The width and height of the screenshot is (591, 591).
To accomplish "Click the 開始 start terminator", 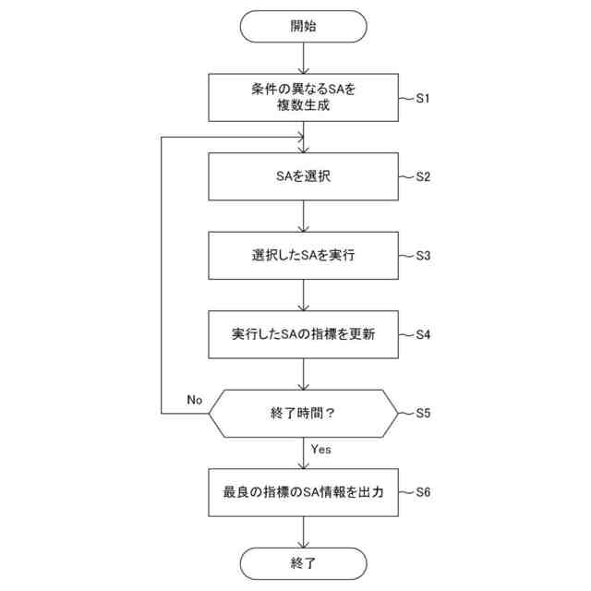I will [x=303, y=27].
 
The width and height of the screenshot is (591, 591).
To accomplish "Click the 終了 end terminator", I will [x=303, y=562].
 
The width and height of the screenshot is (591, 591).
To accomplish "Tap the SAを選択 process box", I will [x=303, y=176].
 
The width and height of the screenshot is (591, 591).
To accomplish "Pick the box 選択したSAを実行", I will [x=303, y=255].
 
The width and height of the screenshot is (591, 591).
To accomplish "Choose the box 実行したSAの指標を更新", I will [x=303, y=333].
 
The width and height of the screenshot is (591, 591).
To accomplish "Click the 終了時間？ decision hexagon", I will [x=303, y=413].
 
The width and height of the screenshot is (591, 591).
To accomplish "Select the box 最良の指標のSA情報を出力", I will [x=303, y=492].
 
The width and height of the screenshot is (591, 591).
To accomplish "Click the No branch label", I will [x=194, y=400].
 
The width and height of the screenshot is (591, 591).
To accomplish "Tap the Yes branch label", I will [x=321, y=450].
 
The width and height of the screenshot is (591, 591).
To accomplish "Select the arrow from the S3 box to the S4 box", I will [x=303, y=295].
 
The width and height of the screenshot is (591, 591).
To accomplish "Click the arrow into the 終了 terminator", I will [x=303, y=531].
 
